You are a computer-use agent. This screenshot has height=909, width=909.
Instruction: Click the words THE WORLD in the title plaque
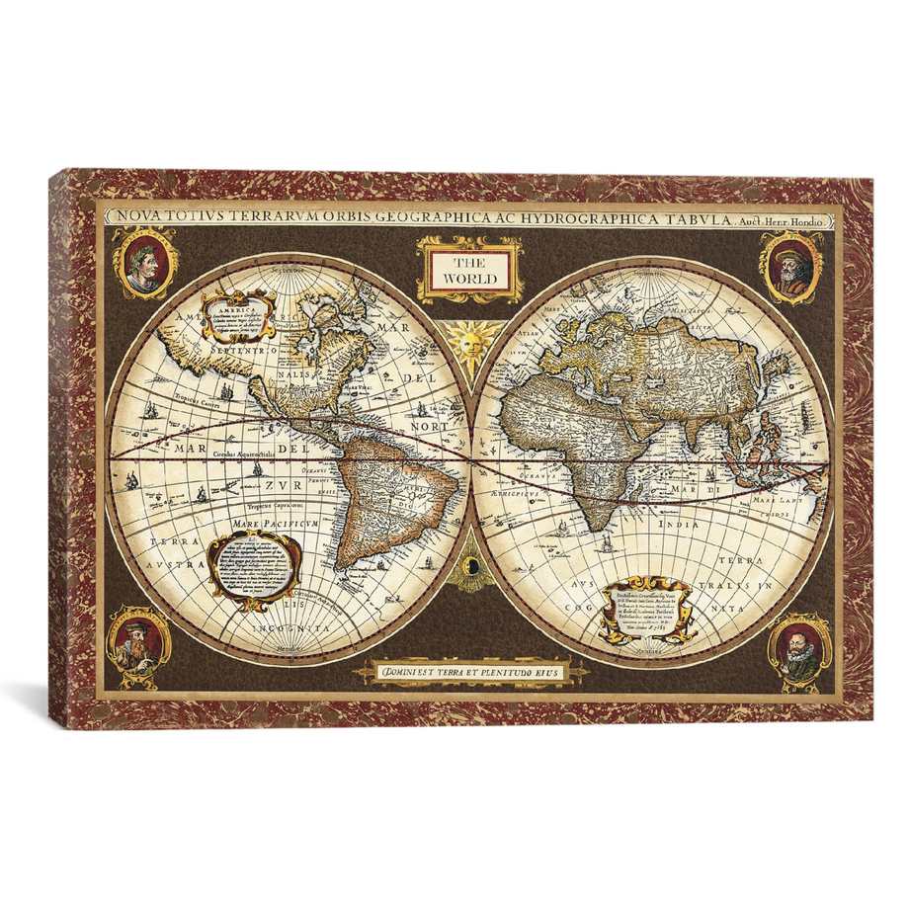(x=469, y=270)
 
